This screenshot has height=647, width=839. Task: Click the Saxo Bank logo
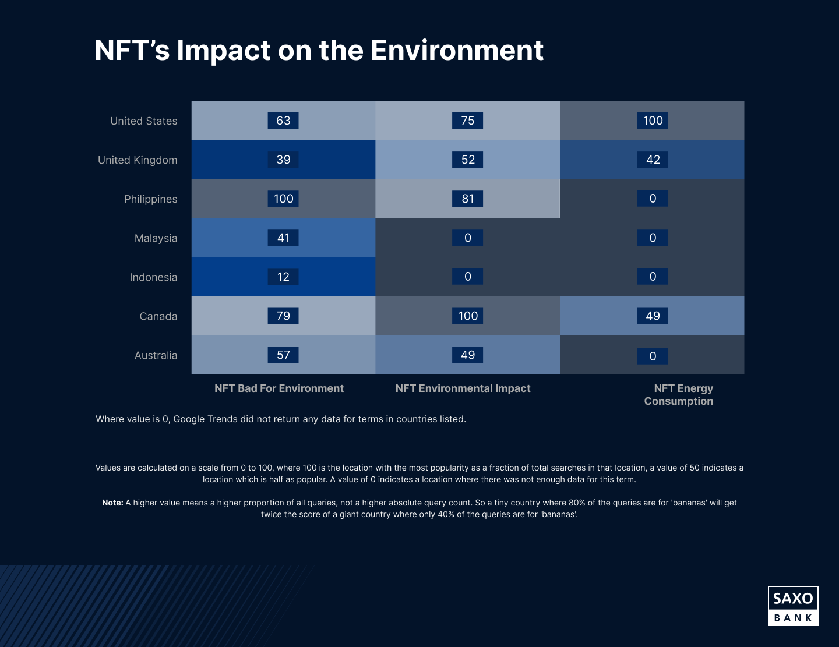[x=793, y=606]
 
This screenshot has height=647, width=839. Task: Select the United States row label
[x=144, y=121]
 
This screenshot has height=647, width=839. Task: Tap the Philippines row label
[x=151, y=199]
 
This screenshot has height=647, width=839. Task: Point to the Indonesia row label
[x=153, y=277]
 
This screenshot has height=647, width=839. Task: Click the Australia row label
[x=156, y=355]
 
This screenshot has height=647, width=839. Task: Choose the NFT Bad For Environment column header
[x=279, y=388]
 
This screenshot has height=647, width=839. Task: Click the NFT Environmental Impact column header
[x=463, y=388]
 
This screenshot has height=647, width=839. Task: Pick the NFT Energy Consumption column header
[x=679, y=395]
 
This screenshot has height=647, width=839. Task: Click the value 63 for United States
[x=283, y=121]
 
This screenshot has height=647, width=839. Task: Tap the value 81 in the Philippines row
[x=468, y=199]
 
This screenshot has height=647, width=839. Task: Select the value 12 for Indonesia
[x=283, y=277]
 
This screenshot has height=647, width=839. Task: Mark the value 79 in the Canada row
[x=283, y=316]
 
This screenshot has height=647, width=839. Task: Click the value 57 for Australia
[x=283, y=355]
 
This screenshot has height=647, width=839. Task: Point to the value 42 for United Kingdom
[x=653, y=160]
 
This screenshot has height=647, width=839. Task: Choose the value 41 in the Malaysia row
[x=283, y=238]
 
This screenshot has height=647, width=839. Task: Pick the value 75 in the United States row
[x=468, y=121]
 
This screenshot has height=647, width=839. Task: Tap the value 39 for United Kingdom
[x=283, y=160]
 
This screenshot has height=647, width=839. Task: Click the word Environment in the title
[x=457, y=51]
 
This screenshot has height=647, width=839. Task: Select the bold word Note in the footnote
[x=112, y=503]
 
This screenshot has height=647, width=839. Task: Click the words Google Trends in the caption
[x=204, y=419]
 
